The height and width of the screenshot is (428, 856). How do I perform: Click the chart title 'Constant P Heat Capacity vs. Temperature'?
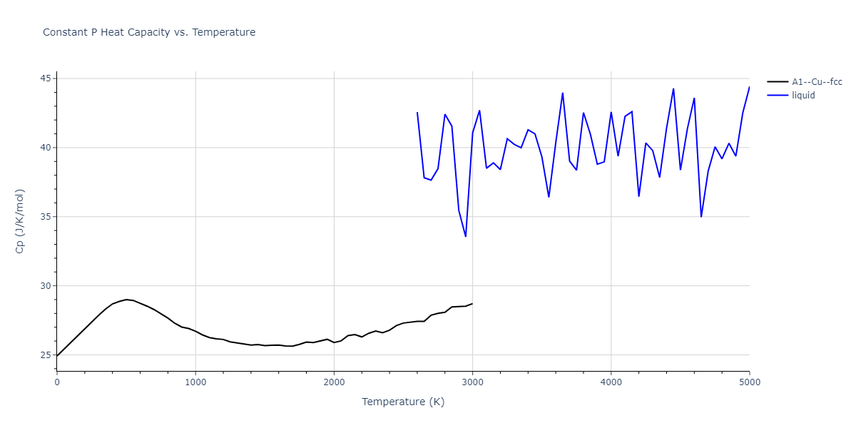pyautogui.click(x=149, y=32)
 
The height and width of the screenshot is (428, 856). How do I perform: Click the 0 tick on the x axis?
pyautogui.click(x=57, y=382)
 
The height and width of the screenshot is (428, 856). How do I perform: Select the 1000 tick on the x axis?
pyautogui.click(x=195, y=382)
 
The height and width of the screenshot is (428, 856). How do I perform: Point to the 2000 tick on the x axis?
pyautogui.click(x=334, y=382)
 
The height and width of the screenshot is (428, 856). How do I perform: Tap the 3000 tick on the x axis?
pyautogui.click(x=472, y=382)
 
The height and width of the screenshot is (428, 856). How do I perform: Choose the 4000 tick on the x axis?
pyautogui.click(x=611, y=382)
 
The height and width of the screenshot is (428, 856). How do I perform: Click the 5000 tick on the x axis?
pyautogui.click(x=750, y=382)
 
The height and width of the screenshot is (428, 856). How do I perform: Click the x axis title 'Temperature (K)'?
pyautogui.click(x=403, y=402)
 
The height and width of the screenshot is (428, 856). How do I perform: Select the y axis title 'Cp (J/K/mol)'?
pyautogui.click(x=21, y=221)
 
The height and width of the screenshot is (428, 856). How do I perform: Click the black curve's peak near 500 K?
pyautogui.click(x=126, y=300)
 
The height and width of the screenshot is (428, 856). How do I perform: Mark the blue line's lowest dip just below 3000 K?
pyautogui.click(x=466, y=236)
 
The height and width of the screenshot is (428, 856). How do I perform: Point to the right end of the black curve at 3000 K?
pyautogui.click(x=472, y=304)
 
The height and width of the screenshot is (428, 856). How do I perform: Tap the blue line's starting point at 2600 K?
pyautogui.click(x=417, y=112)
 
